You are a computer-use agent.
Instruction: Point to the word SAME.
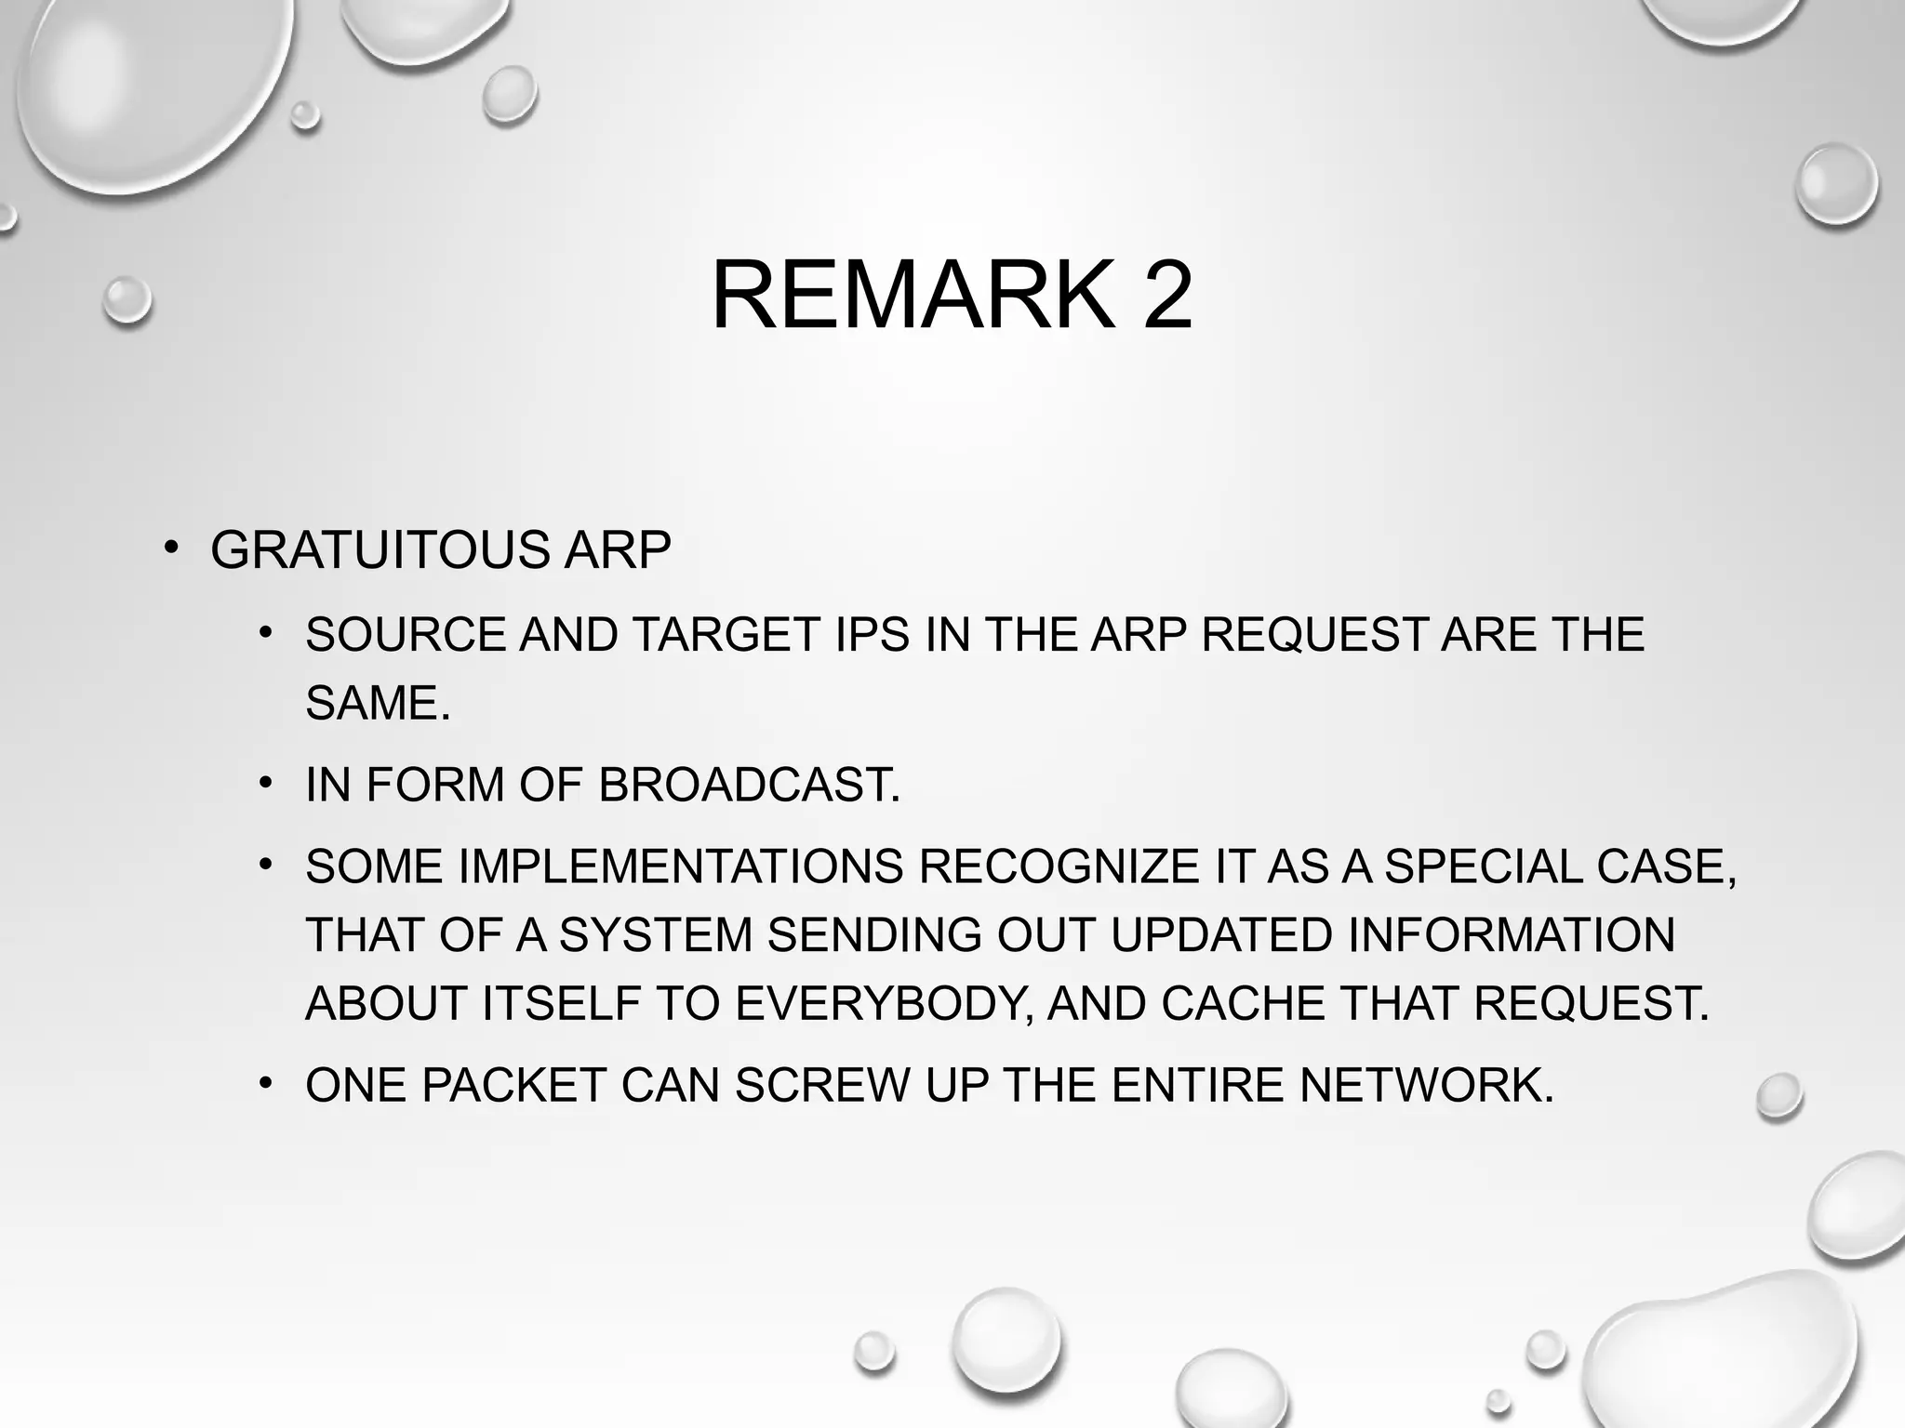click(x=377, y=703)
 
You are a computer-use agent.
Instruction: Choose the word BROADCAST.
click(x=749, y=785)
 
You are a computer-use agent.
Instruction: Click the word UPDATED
click(x=1221, y=935)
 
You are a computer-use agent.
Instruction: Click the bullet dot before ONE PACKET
click(x=266, y=1082)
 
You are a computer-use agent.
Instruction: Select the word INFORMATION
click(x=1511, y=935)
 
